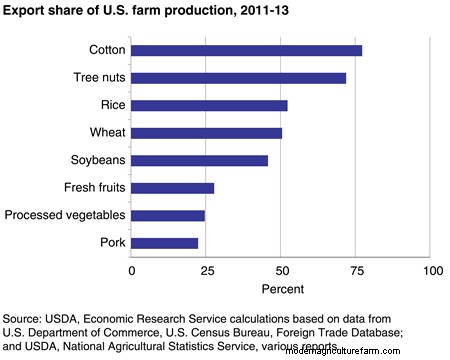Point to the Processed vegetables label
click(64, 215)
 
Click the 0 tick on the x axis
click(131, 271)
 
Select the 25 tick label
click(206, 271)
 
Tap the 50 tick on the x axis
click(282, 271)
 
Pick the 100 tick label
click(432, 271)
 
